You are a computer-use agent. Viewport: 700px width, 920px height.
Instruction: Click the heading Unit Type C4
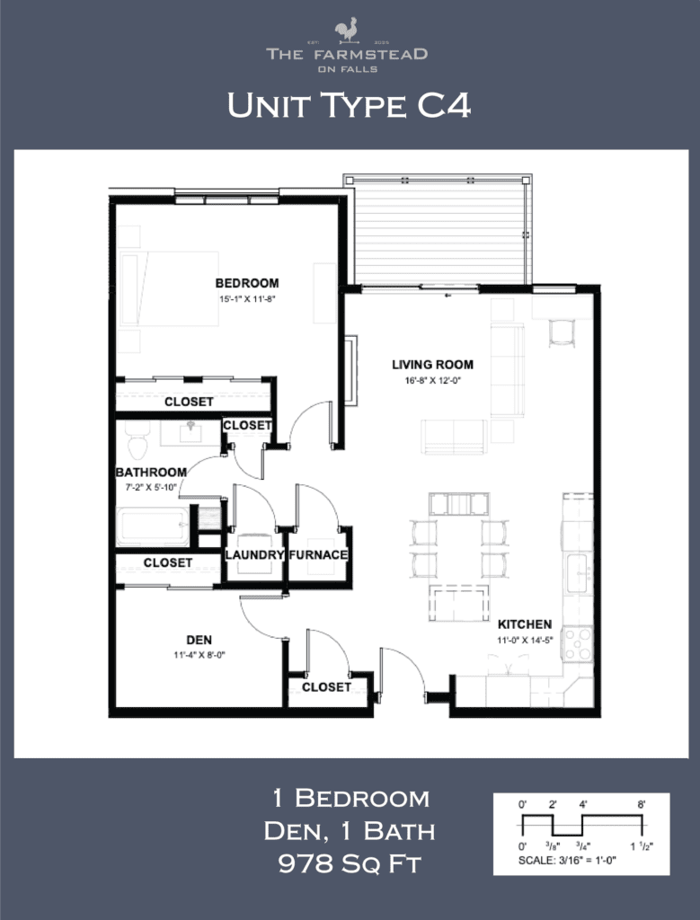pos(349,106)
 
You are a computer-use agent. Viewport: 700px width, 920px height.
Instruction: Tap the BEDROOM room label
pos(246,283)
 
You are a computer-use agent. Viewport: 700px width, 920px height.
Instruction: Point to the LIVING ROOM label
pos(432,365)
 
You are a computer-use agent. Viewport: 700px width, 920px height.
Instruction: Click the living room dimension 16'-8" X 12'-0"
pos(432,380)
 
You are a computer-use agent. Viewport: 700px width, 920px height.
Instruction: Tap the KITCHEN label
pos(525,624)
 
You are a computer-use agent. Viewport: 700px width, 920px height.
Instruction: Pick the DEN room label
pos(199,640)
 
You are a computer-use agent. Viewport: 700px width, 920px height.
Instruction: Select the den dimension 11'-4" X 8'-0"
pos(199,655)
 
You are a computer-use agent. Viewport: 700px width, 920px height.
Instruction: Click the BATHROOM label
pos(151,473)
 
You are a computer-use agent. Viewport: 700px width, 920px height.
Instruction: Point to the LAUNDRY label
pos(254,555)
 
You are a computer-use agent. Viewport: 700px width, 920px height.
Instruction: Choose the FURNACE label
pos(318,555)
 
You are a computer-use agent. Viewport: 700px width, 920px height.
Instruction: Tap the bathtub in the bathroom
pos(153,526)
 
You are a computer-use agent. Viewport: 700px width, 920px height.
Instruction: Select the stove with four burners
pos(577,643)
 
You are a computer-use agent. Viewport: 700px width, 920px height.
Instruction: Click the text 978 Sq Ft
pos(350,864)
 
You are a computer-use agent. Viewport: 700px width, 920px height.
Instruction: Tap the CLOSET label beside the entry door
pos(326,686)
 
